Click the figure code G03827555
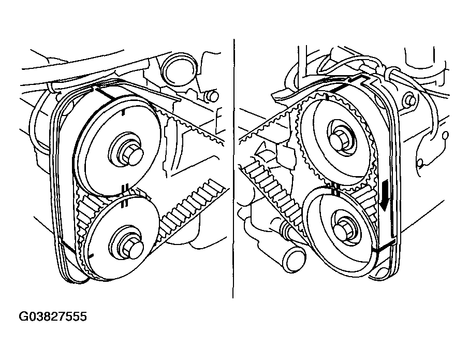(53, 316)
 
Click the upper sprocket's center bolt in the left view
(132, 153)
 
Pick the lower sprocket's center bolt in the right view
(343, 230)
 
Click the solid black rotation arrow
(385, 195)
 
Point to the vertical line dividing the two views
(233, 168)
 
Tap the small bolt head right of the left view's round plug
(212, 95)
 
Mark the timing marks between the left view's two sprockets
(125, 196)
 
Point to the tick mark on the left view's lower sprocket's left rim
(91, 255)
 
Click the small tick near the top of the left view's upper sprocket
(123, 112)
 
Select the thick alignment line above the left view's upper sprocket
(106, 93)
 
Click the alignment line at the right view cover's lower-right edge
(385, 245)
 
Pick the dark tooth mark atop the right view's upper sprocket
(328, 96)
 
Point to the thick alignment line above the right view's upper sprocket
(342, 87)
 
